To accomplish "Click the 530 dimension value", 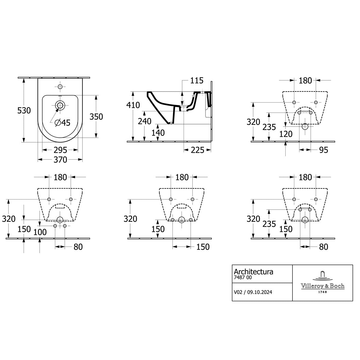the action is point(24,110).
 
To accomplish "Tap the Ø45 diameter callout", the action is point(62,123).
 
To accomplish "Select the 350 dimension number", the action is point(96,117).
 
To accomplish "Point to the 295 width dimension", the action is point(60,150).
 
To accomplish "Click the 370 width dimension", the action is point(60,160).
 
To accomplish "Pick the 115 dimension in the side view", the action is point(197,80).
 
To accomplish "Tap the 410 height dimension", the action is point(133,105).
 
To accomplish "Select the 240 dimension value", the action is point(145,121).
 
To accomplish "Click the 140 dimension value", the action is point(158,133).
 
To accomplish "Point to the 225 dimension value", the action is point(197,150).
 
